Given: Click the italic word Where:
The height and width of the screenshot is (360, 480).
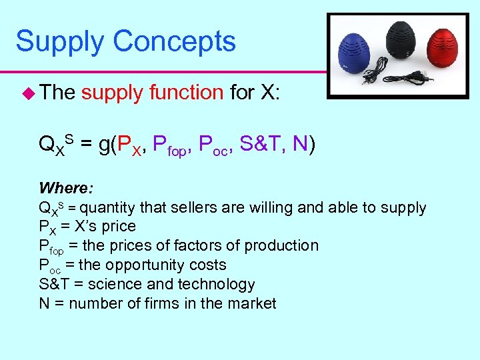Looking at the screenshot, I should pos(63,187).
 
